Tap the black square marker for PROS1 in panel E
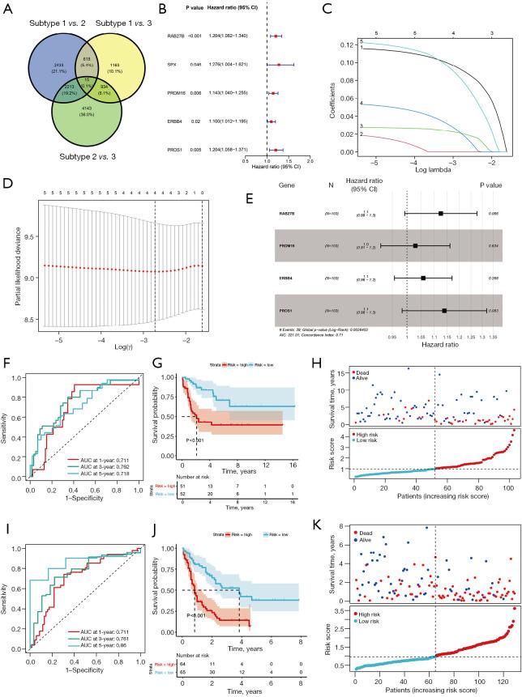[x=444, y=310]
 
